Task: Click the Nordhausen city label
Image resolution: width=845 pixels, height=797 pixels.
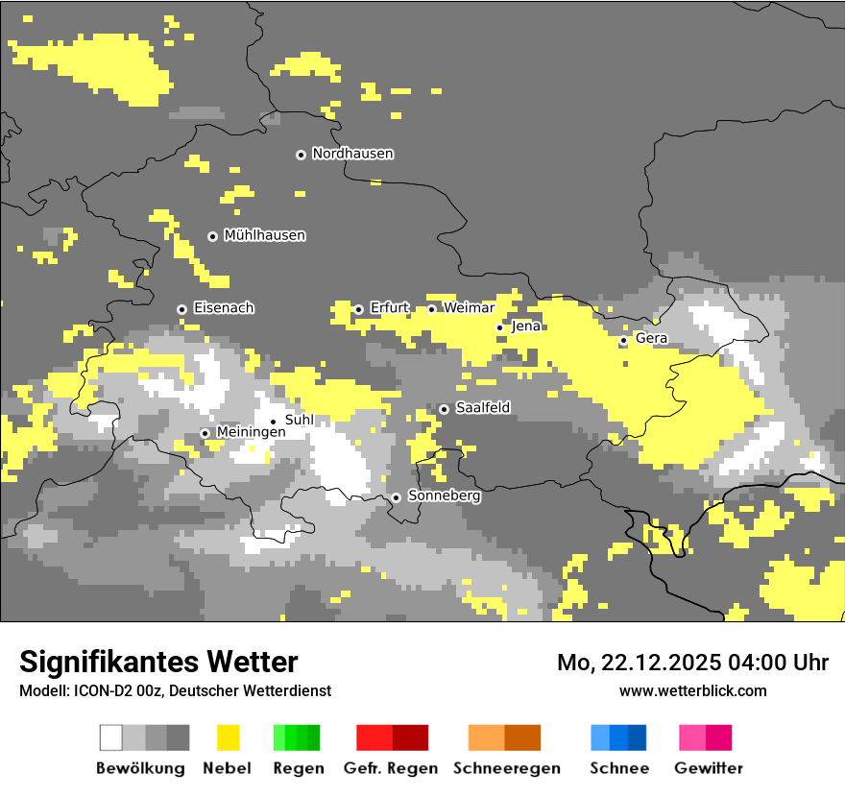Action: pyautogui.click(x=352, y=154)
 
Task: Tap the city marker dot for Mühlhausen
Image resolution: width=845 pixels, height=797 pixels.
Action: pyautogui.click(x=212, y=236)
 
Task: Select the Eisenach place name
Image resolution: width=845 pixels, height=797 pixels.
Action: pyautogui.click(x=224, y=308)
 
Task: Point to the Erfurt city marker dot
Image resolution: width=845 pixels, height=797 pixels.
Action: pyautogui.click(x=358, y=309)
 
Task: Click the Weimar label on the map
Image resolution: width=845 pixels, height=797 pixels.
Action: pyautogui.click(x=469, y=308)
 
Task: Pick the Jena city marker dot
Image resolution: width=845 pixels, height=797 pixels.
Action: pyautogui.click(x=499, y=328)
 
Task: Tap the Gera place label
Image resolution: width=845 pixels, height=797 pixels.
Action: pyautogui.click(x=651, y=339)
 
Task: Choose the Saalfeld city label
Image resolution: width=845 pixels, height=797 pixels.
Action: pyautogui.click(x=482, y=408)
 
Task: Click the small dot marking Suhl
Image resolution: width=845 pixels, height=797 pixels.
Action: pyautogui.click(x=273, y=422)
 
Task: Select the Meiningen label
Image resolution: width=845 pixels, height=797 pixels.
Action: pyautogui.click(x=251, y=433)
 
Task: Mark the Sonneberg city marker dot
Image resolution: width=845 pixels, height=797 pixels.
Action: pyautogui.click(x=396, y=497)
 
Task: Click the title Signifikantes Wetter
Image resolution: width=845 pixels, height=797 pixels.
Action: pyautogui.click(x=158, y=662)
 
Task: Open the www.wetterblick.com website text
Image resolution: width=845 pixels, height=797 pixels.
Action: pyautogui.click(x=692, y=690)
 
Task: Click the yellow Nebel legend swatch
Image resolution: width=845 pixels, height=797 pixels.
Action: pyautogui.click(x=228, y=737)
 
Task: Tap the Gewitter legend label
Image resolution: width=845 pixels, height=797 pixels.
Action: pyautogui.click(x=708, y=768)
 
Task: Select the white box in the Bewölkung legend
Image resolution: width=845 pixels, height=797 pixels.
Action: pyautogui.click(x=111, y=737)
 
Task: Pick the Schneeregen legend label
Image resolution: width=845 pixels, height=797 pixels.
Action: pyautogui.click(x=506, y=768)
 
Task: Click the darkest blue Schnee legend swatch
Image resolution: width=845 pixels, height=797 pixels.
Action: pyautogui.click(x=638, y=737)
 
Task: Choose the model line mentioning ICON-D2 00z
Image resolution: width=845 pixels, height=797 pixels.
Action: pyautogui.click(x=175, y=690)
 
